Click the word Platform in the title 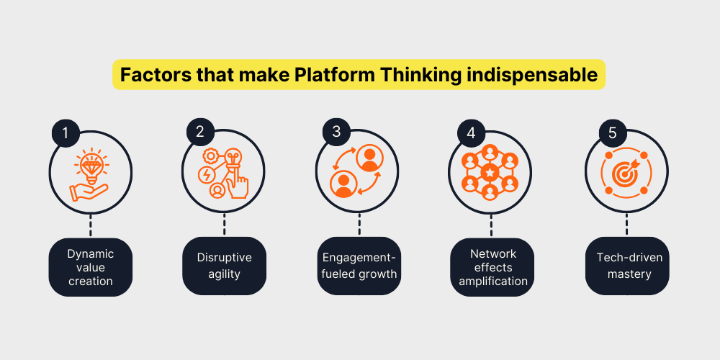point(329,75)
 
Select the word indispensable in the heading point(532,76)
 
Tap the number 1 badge point(66,132)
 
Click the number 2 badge point(199,132)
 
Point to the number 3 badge point(336,131)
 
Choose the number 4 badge point(471,132)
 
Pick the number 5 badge point(613,132)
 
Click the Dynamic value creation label point(91,267)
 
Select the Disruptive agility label point(224,266)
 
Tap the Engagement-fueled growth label point(359,266)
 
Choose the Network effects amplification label point(492,267)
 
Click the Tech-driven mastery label point(627,266)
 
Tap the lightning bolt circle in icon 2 point(205,175)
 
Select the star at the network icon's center point(490,173)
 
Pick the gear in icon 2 point(211,156)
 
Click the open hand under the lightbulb point(89,192)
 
